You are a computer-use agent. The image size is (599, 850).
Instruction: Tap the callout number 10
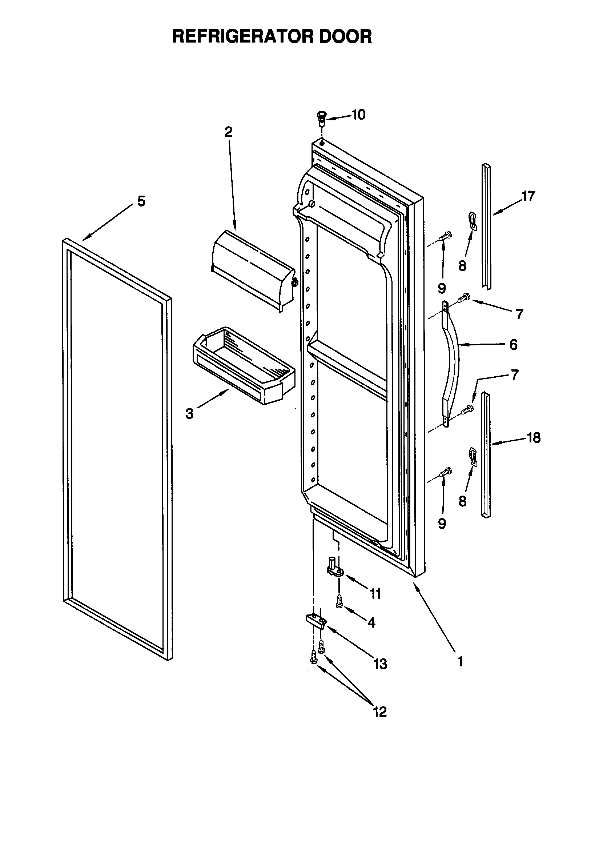358,115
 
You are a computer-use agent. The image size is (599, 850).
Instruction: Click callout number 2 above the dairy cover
228,132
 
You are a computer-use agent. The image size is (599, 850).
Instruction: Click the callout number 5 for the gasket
141,202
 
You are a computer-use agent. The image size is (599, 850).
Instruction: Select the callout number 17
528,196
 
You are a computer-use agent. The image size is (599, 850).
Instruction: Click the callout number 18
534,438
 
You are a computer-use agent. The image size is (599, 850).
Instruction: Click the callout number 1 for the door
461,661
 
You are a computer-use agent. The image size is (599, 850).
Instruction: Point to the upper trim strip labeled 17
486,226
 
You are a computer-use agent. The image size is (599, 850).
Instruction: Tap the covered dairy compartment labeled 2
254,270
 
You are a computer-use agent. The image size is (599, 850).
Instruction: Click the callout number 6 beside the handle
513,345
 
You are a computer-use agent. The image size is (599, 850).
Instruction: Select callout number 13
380,664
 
